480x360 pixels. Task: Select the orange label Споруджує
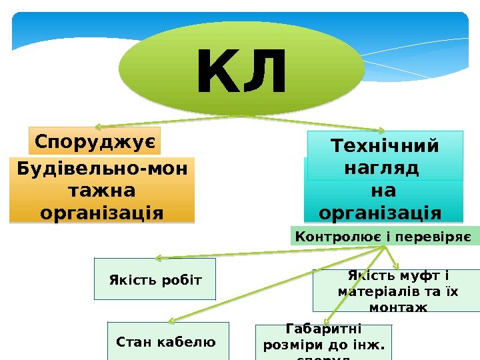(x=95, y=141)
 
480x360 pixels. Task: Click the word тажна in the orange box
(x=102, y=191)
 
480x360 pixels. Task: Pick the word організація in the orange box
(x=102, y=213)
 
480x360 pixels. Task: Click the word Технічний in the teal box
(x=385, y=146)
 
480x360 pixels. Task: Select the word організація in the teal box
(x=380, y=213)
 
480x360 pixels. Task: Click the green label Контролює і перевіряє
(x=383, y=236)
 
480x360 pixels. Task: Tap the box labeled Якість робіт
(x=155, y=279)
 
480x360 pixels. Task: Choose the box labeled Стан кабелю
(x=167, y=342)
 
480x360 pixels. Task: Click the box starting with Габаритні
(x=323, y=342)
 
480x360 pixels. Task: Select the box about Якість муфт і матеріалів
(x=396, y=290)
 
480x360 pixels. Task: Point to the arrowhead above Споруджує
(x=97, y=126)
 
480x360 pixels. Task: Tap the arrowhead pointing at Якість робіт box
(x=158, y=258)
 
